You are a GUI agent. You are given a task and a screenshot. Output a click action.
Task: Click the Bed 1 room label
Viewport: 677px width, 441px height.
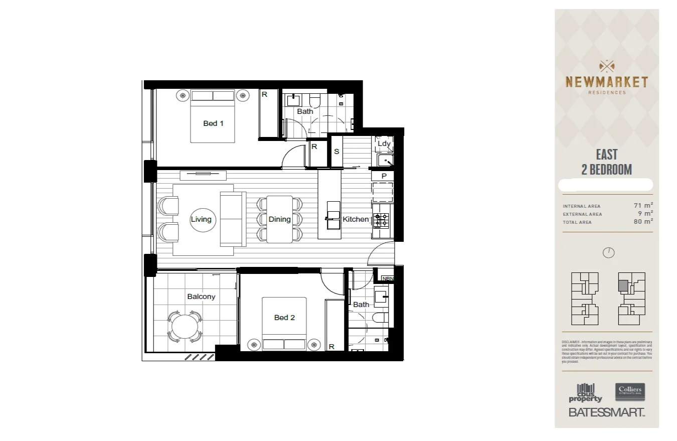213,123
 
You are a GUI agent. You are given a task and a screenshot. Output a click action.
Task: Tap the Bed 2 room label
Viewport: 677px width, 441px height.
284,318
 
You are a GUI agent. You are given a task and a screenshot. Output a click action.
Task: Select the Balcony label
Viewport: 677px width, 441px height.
201,297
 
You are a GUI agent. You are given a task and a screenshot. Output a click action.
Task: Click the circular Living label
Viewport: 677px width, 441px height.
201,219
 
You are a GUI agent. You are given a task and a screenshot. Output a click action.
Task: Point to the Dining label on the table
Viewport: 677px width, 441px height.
279,219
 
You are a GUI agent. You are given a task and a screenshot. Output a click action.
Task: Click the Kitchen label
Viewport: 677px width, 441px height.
356,219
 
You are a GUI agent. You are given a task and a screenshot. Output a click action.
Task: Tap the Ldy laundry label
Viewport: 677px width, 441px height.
384,144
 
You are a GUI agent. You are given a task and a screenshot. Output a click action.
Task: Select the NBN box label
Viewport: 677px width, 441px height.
388,279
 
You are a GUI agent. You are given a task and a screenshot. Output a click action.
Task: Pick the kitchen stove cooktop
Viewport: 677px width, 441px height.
381,220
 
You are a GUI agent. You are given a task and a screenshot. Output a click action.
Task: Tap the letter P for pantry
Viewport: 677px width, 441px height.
384,176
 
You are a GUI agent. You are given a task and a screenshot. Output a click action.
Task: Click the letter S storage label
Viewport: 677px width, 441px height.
336,151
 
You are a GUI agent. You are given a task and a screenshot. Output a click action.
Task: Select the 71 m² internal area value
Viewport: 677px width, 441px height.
643,205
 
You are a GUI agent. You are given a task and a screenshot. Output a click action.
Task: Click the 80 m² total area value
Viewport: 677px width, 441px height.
643,221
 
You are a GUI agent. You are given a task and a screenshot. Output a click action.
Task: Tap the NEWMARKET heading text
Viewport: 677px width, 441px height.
606,82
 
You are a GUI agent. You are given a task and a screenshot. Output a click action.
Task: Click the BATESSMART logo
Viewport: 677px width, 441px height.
606,412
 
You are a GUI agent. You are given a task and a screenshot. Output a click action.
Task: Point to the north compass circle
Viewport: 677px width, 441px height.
608,253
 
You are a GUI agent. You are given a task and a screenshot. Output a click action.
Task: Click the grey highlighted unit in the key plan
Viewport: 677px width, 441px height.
623,285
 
